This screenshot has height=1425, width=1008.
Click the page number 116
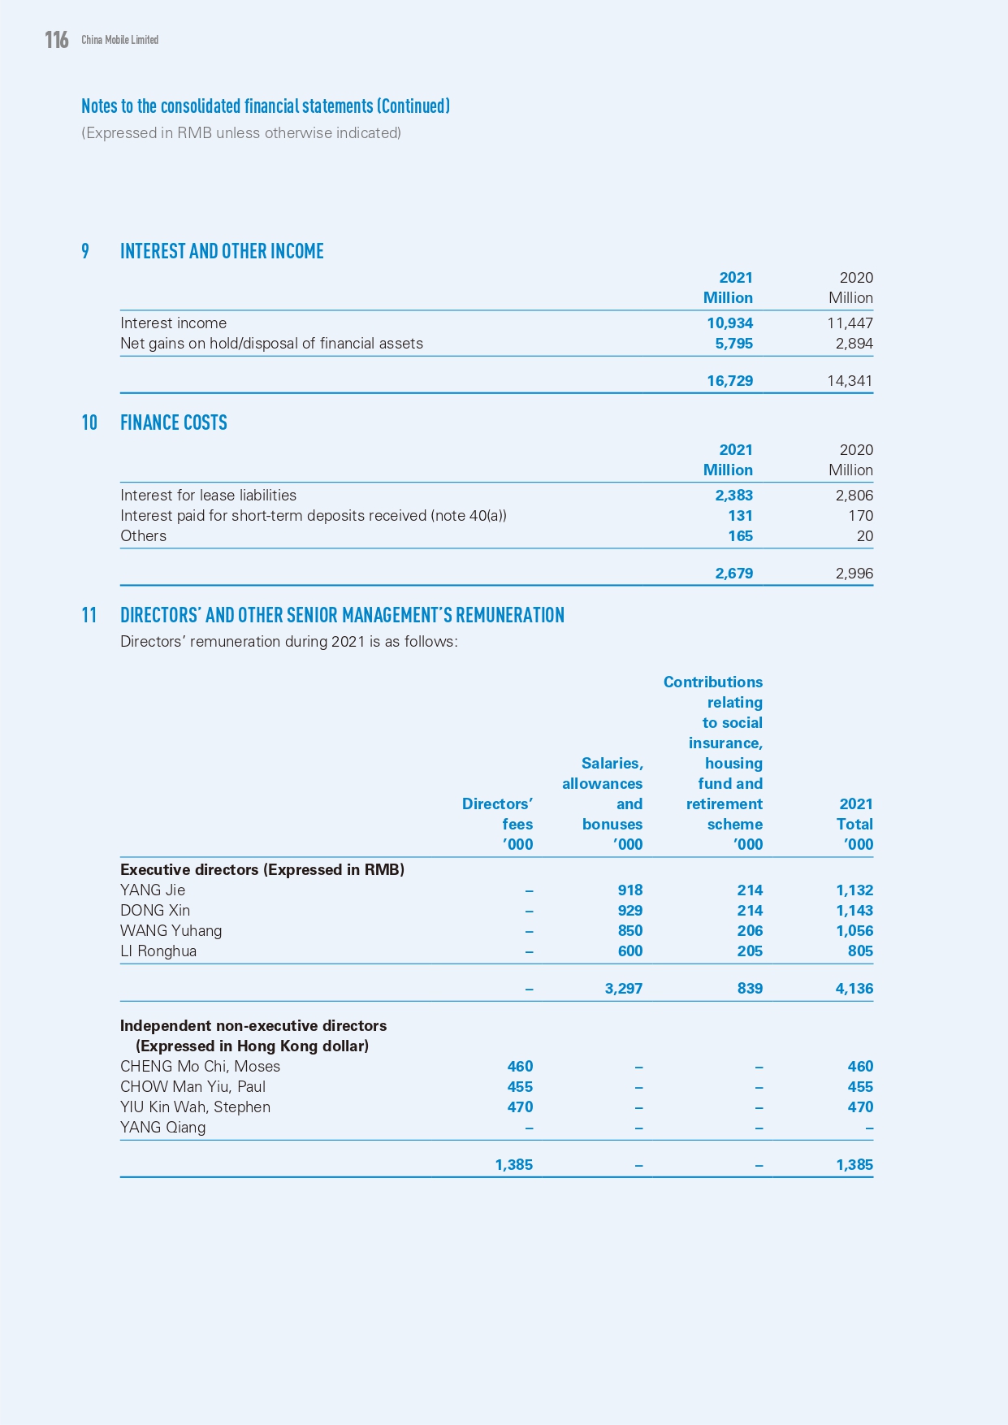pos(57,40)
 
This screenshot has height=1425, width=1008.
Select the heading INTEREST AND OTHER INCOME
pos(222,252)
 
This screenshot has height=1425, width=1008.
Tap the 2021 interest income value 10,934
pos(729,323)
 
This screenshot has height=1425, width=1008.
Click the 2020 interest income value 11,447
pos(850,323)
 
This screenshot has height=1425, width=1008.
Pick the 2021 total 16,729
pos(729,381)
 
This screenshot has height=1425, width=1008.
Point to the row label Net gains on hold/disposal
pos(271,344)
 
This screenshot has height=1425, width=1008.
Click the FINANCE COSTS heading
pos(174,423)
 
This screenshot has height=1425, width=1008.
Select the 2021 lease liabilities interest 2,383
pos(733,496)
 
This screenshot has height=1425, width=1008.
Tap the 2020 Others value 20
pos(864,536)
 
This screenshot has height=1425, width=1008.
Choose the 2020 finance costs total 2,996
pos(854,574)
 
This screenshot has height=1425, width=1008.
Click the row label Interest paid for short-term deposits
pos(313,516)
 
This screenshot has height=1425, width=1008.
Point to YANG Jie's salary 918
pos(629,890)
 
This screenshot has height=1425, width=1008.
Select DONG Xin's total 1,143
pos(854,911)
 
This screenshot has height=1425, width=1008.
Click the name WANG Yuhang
pos(171,931)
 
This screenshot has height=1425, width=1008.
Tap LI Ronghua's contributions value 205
pos(750,951)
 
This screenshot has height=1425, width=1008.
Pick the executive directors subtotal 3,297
pos(623,989)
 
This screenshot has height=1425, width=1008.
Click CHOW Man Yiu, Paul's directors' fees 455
pos(520,1087)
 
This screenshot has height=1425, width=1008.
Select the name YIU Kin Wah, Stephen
pos(195,1107)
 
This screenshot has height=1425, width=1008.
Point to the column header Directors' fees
pos(497,814)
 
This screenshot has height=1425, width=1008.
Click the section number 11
pos(89,616)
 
